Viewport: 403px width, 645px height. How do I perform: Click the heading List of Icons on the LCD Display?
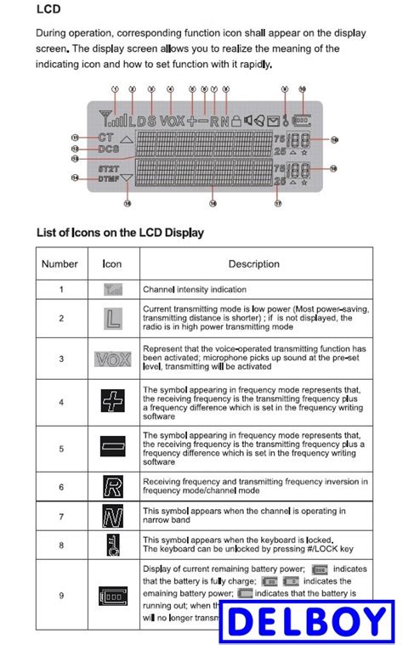coord(120,232)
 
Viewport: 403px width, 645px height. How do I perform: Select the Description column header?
coord(253,263)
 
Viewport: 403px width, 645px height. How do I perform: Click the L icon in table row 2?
coord(113,319)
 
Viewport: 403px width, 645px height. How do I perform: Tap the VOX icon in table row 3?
coord(113,359)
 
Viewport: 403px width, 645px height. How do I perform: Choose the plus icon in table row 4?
coord(113,401)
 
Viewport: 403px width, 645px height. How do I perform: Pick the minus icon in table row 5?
coord(113,445)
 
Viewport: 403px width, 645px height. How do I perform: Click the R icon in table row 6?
coord(113,487)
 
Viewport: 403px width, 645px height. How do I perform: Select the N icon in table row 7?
coord(113,516)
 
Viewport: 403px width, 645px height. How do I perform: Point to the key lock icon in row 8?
coord(113,546)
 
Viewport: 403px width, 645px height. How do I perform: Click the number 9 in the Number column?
coord(60,595)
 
